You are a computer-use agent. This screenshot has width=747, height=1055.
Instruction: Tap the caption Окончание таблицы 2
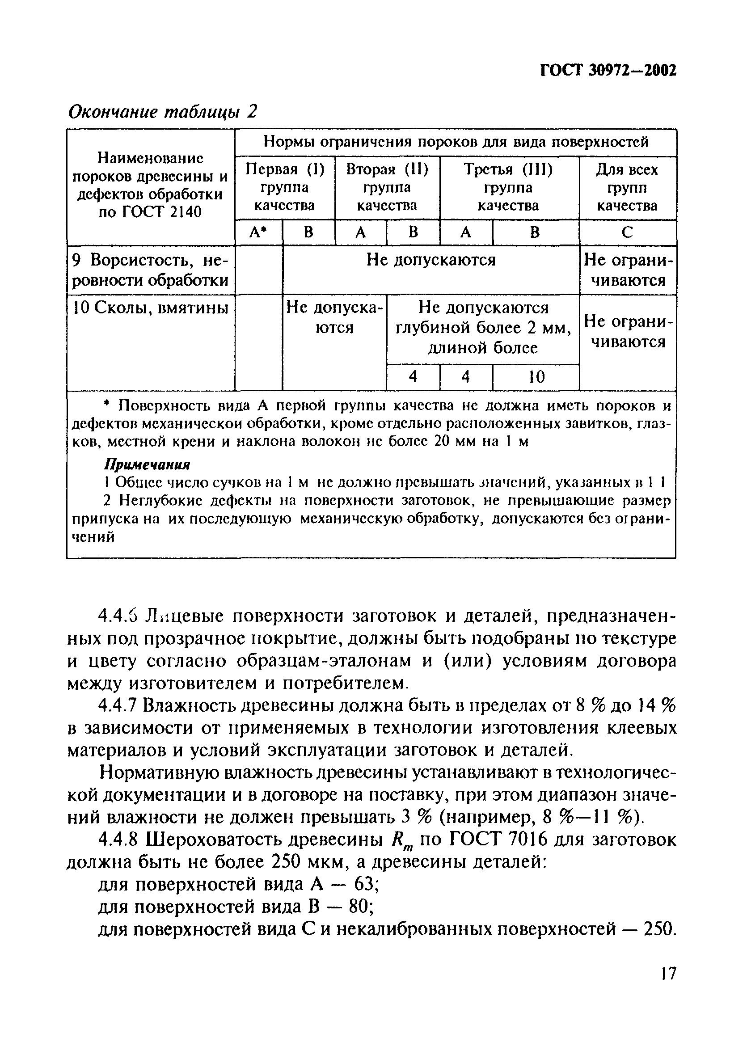[162, 111]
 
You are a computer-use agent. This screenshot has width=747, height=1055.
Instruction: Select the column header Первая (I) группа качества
[285, 188]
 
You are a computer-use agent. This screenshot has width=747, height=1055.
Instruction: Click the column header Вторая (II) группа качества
[387, 188]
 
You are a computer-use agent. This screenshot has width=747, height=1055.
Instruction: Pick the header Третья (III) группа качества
[508, 188]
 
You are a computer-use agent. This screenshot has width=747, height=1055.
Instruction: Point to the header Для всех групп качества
[627, 188]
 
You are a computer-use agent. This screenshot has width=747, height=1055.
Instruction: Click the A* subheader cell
[258, 233]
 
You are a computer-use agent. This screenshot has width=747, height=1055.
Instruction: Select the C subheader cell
[627, 233]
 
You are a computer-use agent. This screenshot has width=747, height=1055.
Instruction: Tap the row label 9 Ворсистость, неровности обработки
[150, 270]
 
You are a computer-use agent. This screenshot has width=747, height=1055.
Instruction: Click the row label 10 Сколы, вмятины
[150, 308]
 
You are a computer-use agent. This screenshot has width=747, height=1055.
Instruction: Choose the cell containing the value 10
[536, 377]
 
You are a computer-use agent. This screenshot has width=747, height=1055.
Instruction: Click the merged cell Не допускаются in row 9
[430, 260]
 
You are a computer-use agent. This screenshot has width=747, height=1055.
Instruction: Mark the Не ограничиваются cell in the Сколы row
[627, 332]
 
